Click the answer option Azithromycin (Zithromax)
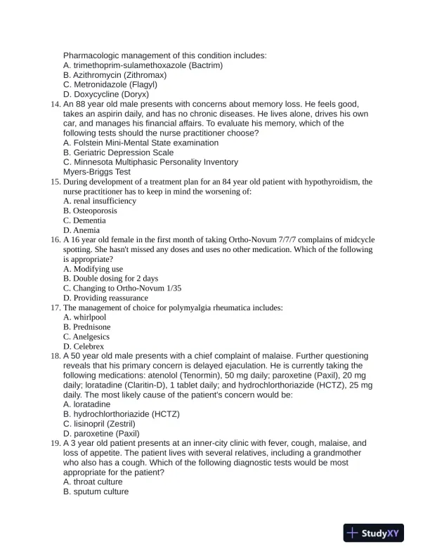(x=115, y=75)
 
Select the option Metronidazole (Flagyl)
(x=112, y=85)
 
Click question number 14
(x=57, y=104)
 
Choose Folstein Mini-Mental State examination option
(x=141, y=143)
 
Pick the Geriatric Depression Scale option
(x=118, y=152)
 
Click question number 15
(x=57, y=182)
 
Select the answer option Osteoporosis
(x=90, y=211)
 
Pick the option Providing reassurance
(x=105, y=298)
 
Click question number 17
(x=57, y=307)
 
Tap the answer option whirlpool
(x=83, y=317)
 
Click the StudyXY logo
(x=376, y=534)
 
